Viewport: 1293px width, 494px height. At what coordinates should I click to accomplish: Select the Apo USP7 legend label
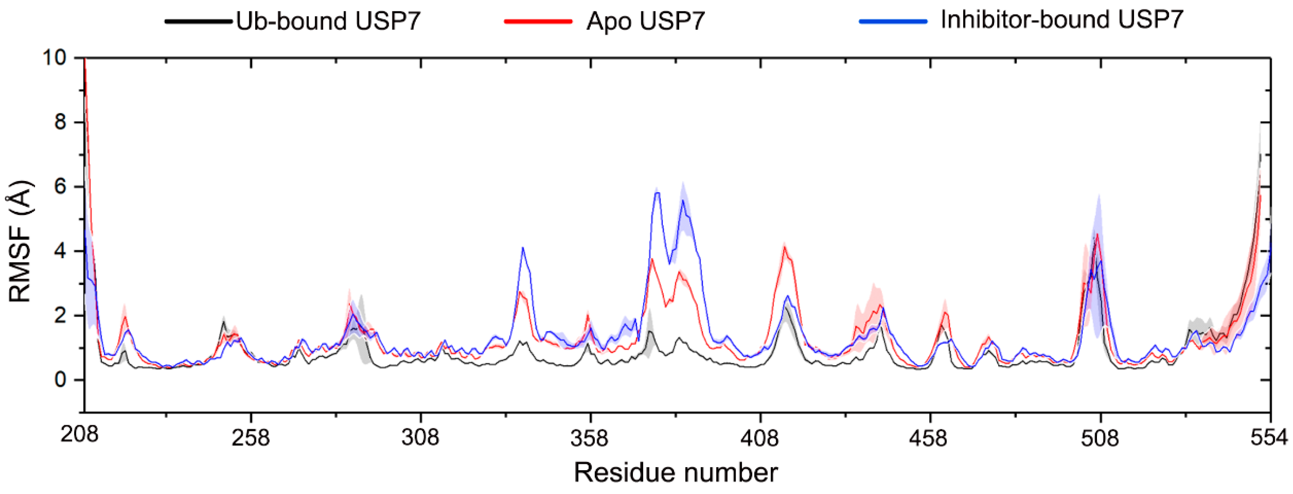click(x=645, y=21)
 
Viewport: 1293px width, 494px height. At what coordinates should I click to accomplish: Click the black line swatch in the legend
click(x=198, y=21)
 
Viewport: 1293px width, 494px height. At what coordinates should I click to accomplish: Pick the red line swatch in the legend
click(x=538, y=21)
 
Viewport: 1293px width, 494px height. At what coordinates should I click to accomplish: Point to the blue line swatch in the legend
click(x=892, y=21)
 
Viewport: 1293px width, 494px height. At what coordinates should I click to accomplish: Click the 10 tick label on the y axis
click(x=54, y=58)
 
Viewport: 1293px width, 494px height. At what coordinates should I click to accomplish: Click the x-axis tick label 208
click(x=79, y=435)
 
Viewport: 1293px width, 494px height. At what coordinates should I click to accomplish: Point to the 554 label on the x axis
click(x=1268, y=438)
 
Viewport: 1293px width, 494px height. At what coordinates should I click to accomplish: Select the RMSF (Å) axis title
click(x=20, y=241)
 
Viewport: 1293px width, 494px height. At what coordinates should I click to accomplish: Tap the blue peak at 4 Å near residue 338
click(x=522, y=248)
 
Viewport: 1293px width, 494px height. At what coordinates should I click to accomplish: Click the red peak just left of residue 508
click(x=1098, y=235)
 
